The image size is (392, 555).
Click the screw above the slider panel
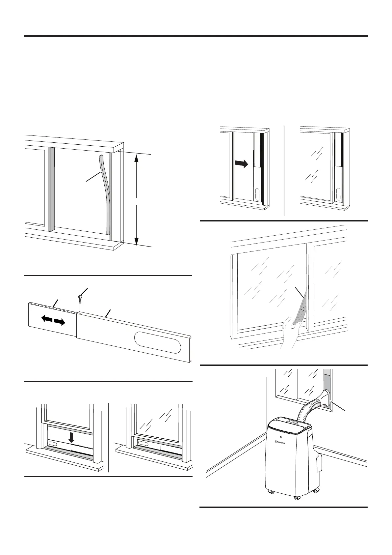80,297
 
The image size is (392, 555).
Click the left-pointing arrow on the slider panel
46,319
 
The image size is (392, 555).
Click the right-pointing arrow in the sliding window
242,164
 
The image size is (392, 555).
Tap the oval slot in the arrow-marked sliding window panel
257,194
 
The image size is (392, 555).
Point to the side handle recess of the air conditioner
318,463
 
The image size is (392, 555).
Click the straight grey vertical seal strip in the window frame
52,190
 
